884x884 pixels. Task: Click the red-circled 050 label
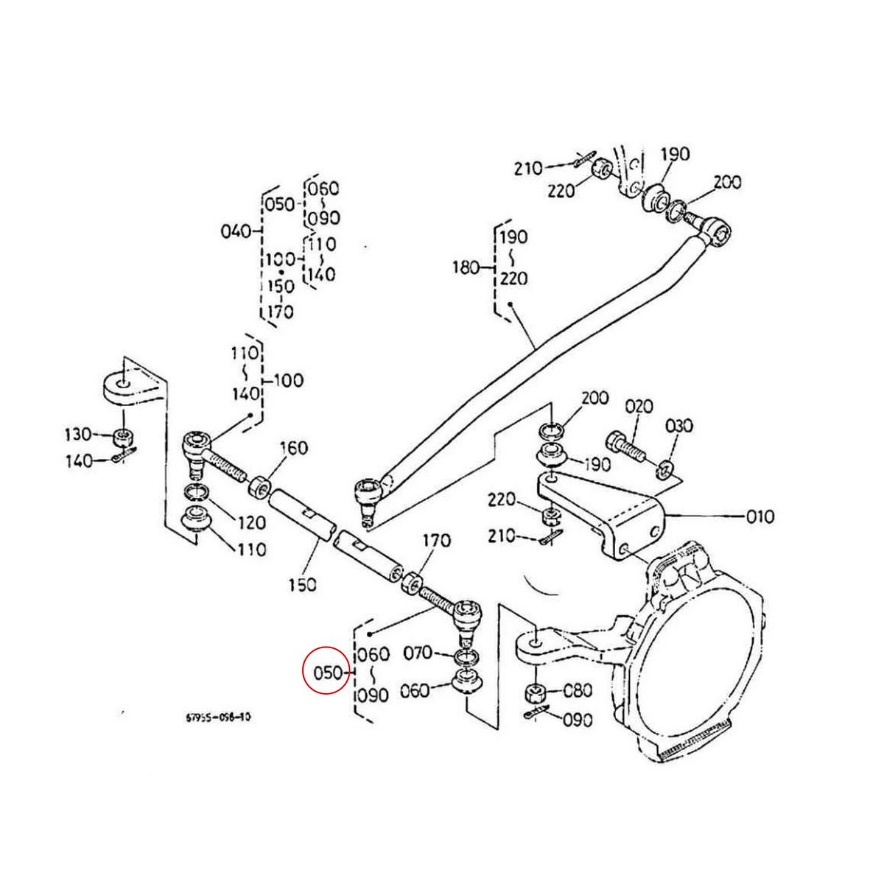click(326, 673)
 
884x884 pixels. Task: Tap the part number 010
click(760, 516)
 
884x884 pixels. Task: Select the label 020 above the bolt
click(639, 407)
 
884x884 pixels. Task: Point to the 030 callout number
click(678, 426)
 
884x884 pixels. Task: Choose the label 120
click(250, 522)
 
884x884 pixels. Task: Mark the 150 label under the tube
click(301, 584)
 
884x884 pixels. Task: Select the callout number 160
click(293, 448)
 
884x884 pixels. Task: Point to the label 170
click(436, 541)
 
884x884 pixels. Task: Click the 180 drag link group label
click(467, 267)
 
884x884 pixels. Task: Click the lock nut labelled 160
click(259, 487)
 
